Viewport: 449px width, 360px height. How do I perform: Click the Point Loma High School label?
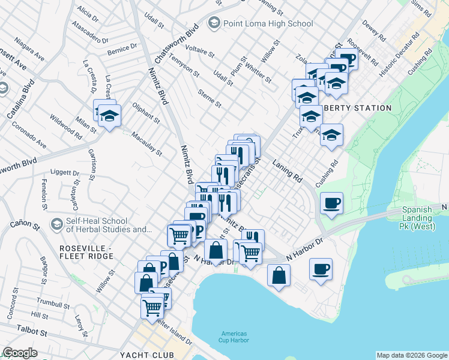coord(268,23)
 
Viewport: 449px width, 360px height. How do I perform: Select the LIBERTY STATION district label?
coord(358,109)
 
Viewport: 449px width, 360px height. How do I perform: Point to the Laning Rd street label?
coord(287,170)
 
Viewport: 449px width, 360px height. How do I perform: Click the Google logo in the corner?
coord(20,352)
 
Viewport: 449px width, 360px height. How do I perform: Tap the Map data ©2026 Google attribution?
coord(412,355)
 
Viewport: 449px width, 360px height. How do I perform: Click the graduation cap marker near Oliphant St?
coord(109,116)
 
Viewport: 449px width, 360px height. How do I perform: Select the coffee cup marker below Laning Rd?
coord(331,203)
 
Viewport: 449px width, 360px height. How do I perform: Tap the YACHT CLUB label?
coord(147,355)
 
